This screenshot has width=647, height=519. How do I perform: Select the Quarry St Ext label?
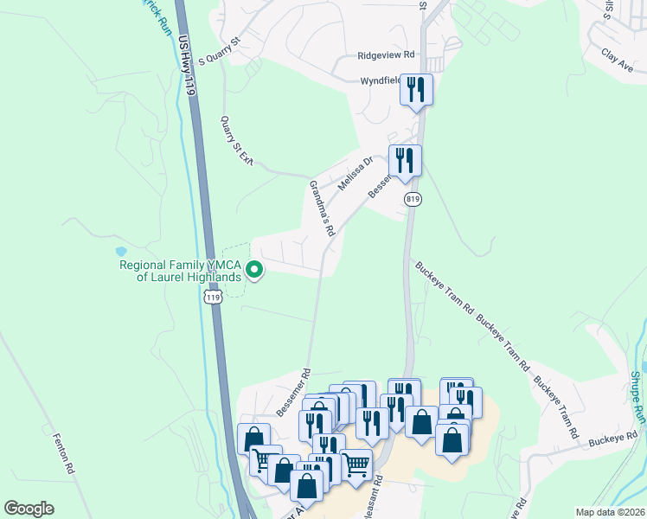point(236,140)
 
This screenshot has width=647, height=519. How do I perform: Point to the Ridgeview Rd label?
point(387,54)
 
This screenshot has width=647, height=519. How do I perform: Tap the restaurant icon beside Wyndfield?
point(416,89)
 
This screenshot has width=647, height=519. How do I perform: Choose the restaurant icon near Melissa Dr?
point(405,161)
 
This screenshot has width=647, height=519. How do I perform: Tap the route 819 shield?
point(413,199)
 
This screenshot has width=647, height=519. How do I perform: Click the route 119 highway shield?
point(213,296)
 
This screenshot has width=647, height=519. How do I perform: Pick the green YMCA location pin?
point(254,271)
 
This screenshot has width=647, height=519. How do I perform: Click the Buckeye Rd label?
point(612,439)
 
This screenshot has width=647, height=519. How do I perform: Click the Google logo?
point(29,509)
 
